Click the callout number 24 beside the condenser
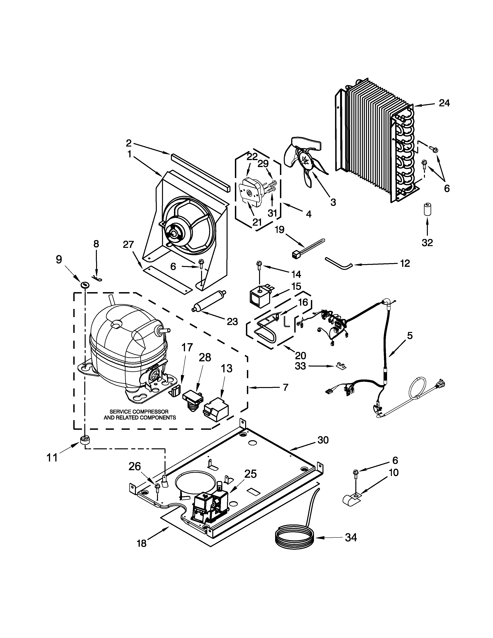tap(444, 103)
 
